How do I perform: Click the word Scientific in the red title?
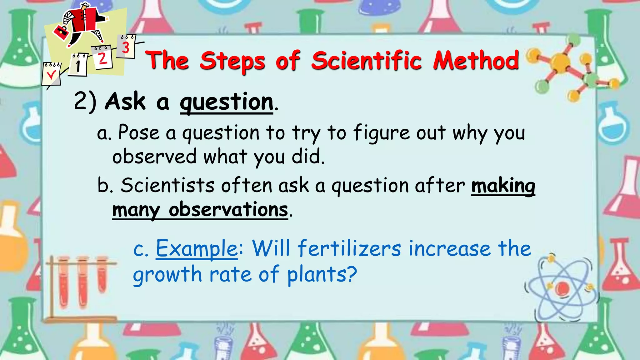pyautogui.click(x=366, y=61)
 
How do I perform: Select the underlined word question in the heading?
pyautogui.click(x=227, y=102)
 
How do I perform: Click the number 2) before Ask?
pyautogui.click(x=85, y=102)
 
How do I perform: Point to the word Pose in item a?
pyautogui.click(x=139, y=132)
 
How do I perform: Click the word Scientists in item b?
pyautogui.click(x=167, y=185)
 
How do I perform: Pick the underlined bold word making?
pyautogui.click(x=503, y=186)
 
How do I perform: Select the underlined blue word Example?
pyautogui.click(x=197, y=249)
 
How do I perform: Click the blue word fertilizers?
pyautogui.click(x=349, y=249)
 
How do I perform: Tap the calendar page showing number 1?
pyautogui.click(x=78, y=65)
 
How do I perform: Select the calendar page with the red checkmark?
pyautogui.click(x=51, y=74)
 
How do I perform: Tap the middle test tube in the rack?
pyautogui.click(x=83, y=281)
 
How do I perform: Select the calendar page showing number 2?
pyautogui.click(x=102, y=57)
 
